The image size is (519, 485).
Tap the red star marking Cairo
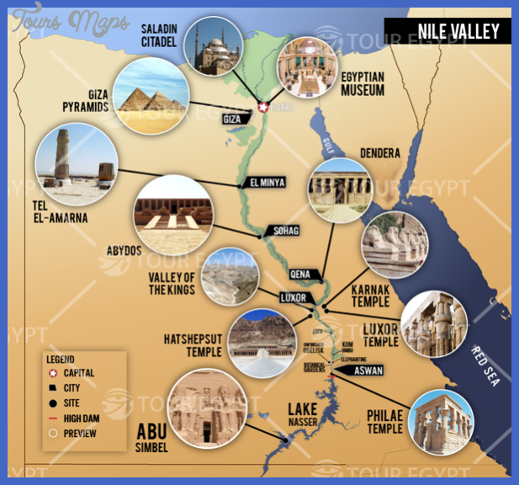click(262, 107)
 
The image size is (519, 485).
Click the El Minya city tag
click(267, 182)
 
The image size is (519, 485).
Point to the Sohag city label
click(282, 230)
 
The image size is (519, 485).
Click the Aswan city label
click(352, 370)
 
